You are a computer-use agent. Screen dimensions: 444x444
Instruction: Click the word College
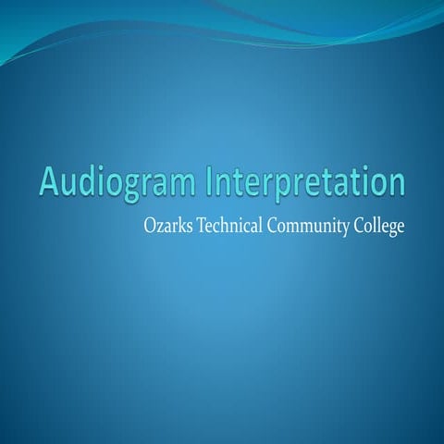coord(381,225)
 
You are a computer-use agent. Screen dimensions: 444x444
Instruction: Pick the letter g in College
coord(392,228)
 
